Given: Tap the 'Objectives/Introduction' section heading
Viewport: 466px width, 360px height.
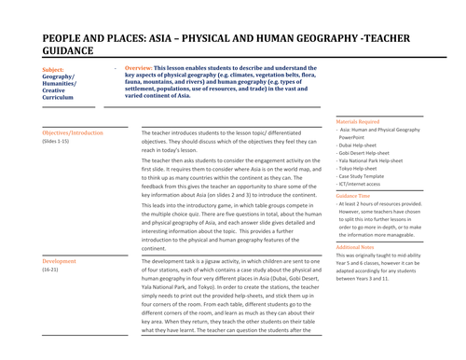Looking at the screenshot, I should pos(74,133).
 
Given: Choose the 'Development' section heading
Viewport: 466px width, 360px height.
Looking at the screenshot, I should pos(60,262).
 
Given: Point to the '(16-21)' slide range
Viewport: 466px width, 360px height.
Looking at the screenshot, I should pos(52,270).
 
